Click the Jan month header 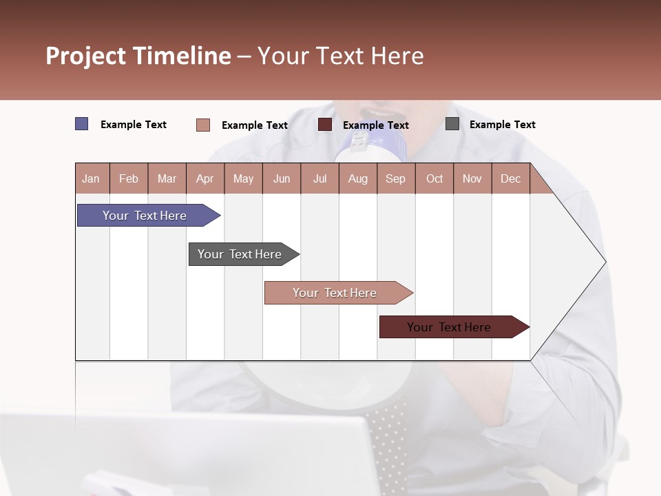pos(92,178)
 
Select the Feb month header pos(129,178)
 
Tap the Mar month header pos(167,178)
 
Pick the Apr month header pos(205,178)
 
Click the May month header pos(243,178)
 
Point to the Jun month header pos(282,178)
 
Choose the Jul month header pos(319,178)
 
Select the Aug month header pos(358,178)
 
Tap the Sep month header pos(396,178)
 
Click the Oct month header pos(434,178)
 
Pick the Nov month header pos(472,178)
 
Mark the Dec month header pos(510,178)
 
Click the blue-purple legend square pos(81,124)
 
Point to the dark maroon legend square pos(325,125)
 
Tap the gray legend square pos(452,124)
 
